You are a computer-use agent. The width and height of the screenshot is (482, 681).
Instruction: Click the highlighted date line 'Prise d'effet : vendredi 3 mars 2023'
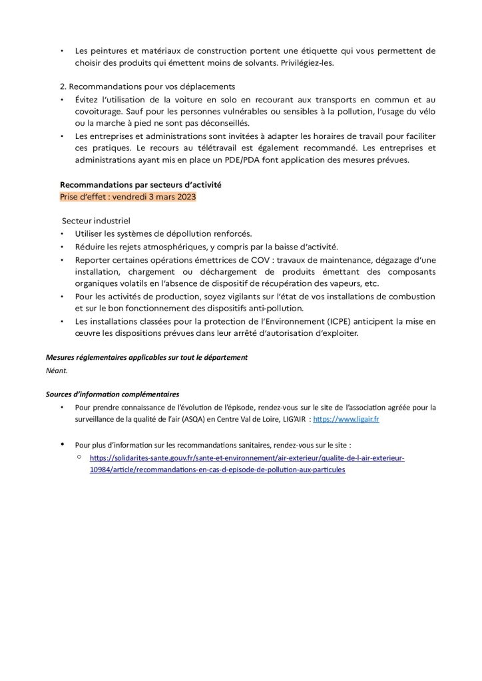[128, 198]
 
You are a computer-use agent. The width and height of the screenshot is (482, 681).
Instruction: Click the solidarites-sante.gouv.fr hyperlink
[247, 458]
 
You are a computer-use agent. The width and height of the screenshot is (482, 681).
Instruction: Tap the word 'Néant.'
[57, 370]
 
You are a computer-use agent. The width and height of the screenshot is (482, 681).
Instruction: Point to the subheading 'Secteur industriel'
[97, 220]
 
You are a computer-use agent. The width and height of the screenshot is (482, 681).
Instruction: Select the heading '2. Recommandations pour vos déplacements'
[147, 86]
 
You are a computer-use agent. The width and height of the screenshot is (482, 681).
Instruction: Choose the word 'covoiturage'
[99, 111]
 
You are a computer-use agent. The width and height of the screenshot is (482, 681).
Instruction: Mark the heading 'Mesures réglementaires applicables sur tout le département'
[146, 357]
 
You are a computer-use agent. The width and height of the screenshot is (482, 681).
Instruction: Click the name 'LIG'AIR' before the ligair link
[290, 420]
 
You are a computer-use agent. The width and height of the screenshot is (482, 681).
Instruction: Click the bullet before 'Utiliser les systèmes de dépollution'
[62, 233]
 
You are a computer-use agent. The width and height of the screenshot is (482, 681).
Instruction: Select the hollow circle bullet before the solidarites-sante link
[79, 458]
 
